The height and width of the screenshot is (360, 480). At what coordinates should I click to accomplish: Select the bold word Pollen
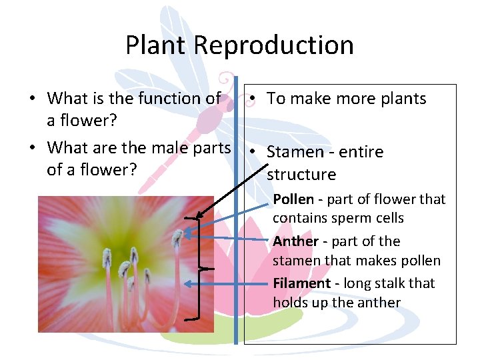[x=293, y=199]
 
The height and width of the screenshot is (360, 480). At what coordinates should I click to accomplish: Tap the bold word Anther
[x=295, y=241]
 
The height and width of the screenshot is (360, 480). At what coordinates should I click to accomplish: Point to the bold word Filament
[x=301, y=283]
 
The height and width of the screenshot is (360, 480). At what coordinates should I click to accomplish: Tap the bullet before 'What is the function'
[x=32, y=99]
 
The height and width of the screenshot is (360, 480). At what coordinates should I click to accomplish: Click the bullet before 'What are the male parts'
[x=32, y=147]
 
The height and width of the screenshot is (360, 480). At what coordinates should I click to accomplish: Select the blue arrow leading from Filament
[x=227, y=283]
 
